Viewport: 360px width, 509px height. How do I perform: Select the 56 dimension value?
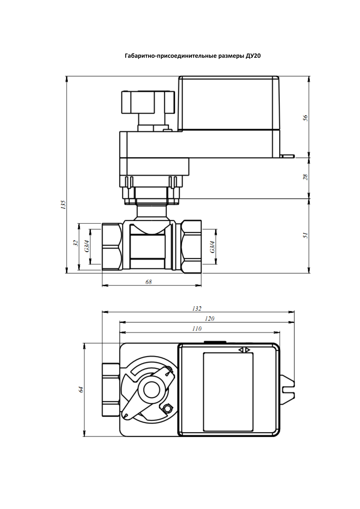(x=305, y=118)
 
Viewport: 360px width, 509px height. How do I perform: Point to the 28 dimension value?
(x=305, y=177)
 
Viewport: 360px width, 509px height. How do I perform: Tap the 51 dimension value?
(x=305, y=235)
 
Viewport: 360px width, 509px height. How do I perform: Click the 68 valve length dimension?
(x=149, y=282)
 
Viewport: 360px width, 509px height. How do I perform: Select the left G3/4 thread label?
(x=86, y=246)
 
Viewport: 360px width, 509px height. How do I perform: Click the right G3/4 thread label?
(x=213, y=247)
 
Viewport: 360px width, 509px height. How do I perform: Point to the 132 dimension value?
(x=197, y=308)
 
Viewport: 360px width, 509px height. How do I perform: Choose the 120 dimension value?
(x=209, y=319)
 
